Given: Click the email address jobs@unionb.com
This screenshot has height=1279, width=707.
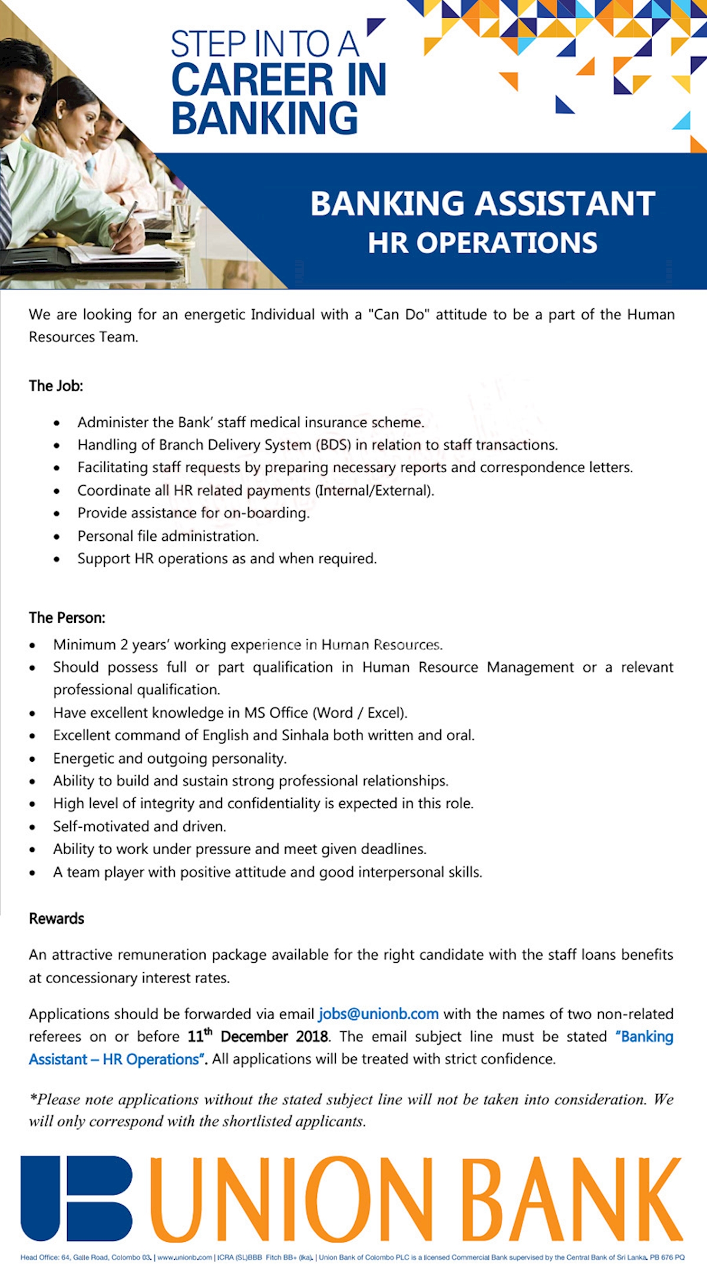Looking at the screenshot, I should (378, 1014).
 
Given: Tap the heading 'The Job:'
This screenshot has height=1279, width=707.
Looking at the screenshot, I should (56, 386).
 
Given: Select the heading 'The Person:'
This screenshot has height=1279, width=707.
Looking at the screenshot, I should (67, 617).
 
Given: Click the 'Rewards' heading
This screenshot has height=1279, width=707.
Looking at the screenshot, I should (57, 918).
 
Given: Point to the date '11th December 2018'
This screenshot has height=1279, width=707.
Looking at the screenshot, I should (258, 1036).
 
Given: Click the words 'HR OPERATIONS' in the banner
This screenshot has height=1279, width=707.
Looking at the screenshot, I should (483, 243).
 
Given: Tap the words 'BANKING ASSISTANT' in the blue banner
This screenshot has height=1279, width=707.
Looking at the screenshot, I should (483, 203).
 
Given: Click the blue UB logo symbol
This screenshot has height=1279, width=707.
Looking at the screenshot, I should (77, 1198).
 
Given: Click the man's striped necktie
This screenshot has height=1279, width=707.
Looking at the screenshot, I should (5, 200).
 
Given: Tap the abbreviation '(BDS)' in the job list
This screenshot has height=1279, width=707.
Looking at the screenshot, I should (333, 445).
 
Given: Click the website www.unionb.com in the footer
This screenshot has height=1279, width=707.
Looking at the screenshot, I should (184, 1257).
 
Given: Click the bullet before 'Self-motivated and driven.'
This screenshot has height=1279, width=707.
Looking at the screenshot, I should (32, 827).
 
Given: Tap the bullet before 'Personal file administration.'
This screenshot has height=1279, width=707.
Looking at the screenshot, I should (57, 537).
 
